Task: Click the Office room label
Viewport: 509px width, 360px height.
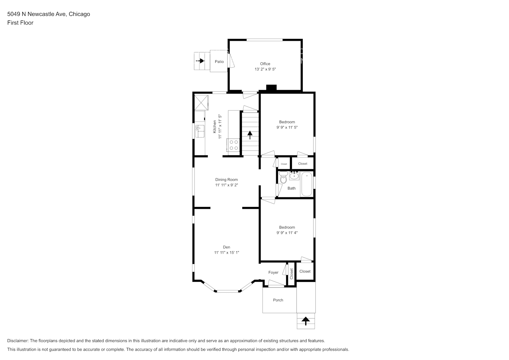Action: click(x=265, y=64)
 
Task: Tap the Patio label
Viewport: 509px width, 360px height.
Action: click(x=219, y=62)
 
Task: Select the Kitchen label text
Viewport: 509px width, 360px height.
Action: click(x=215, y=127)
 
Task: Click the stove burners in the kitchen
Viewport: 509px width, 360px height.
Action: click(x=234, y=145)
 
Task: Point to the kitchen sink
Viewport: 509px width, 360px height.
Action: click(x=200, y=131)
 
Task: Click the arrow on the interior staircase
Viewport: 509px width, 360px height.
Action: click(x=250, y=135)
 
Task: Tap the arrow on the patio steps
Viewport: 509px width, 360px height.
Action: click(x=200, y=61)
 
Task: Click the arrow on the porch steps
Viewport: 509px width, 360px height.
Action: click(x=306, y=321)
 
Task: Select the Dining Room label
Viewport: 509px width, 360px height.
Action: click(x=226, y=180)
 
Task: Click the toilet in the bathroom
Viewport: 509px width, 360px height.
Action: click(x=283, y=177)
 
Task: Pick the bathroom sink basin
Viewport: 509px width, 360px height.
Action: click(x=294, y=176)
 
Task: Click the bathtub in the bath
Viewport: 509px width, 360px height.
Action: click(x=307, y=184)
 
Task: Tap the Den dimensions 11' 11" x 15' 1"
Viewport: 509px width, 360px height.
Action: click(x=226, y=252)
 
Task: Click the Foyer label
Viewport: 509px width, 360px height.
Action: click(x=273, y=273)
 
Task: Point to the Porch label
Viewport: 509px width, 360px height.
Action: click(x=278, y=300)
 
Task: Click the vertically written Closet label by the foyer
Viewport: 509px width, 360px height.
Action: click(x=291, y=274)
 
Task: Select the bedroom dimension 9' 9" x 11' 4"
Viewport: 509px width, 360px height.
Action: click(x=287, y=233)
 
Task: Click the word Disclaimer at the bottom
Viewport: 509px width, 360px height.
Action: click(x=18, y=341)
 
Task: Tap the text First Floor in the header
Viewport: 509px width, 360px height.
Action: click(x=20, y=23)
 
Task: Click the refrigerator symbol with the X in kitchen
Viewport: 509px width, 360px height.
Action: click(x=201, y=103)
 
